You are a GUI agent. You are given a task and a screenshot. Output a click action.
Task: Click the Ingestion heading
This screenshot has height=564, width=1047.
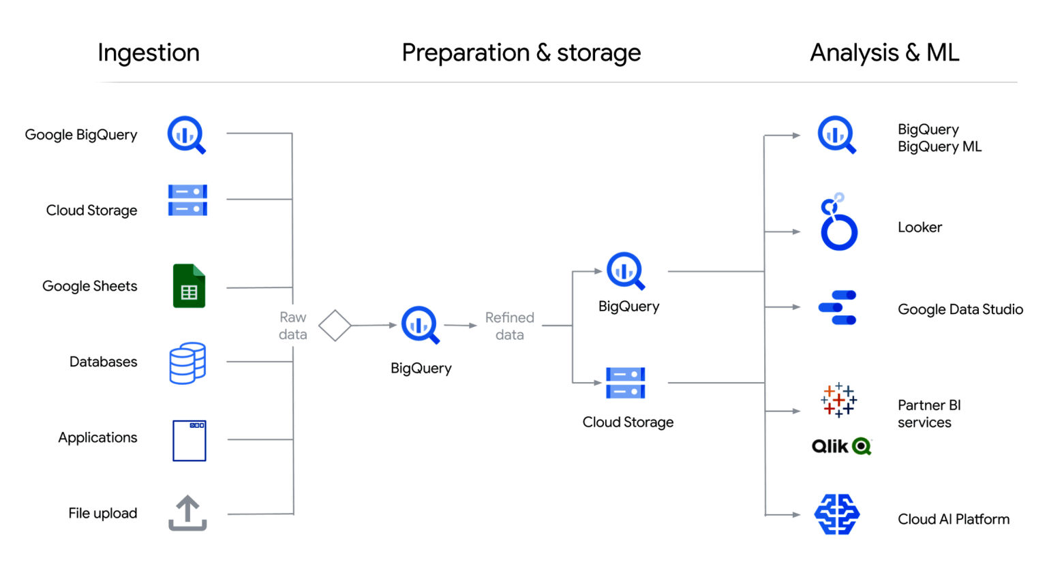[x=149, y=53]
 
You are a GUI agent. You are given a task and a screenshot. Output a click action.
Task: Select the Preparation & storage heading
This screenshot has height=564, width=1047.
[x=521, y=53]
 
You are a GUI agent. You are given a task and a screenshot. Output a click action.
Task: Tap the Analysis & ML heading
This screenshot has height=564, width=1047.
[x=884, y=53]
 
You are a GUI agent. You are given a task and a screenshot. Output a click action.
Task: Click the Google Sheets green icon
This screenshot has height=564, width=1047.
[x=189, y=286]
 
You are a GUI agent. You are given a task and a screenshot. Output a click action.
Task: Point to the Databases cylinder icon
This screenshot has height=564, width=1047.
[x=187, y=363]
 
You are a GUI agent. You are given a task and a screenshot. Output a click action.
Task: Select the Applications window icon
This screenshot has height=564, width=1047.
[x=189, y=441]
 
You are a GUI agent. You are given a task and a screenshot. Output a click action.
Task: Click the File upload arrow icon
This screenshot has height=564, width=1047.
[x=187, y=513]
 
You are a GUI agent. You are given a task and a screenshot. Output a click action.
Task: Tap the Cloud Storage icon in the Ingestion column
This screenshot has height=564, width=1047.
[x=187, y=200]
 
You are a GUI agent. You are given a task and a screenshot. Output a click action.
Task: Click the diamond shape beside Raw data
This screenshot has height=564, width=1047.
[x=335, y=326]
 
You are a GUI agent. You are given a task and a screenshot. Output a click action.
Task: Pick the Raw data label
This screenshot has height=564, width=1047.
[x=292, y=326]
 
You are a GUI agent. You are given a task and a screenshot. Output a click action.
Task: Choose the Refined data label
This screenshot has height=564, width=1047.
[x=509, y=326]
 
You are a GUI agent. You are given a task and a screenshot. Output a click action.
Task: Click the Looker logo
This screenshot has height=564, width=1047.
[x=838, y=223]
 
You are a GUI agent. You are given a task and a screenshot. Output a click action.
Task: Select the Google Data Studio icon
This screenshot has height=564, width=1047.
[x=838, y=308]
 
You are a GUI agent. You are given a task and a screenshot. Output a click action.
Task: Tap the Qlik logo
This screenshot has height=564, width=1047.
[x=841, y=446]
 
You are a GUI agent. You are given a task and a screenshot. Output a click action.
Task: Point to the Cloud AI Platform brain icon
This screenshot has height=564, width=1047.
[x=837, y=514]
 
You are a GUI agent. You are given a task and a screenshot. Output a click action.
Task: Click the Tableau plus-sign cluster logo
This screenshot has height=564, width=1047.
[x=838, y=400]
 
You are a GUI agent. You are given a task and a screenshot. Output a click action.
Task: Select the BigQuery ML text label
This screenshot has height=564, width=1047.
[x=939, y=146]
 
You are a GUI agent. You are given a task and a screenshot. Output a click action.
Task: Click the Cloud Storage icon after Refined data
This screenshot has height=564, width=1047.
[x=625, y=383]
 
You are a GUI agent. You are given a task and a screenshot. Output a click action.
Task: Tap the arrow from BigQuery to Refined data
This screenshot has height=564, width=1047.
[x=461, y=326]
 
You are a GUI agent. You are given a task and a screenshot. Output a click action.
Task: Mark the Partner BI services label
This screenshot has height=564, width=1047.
[x=928, y=413]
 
